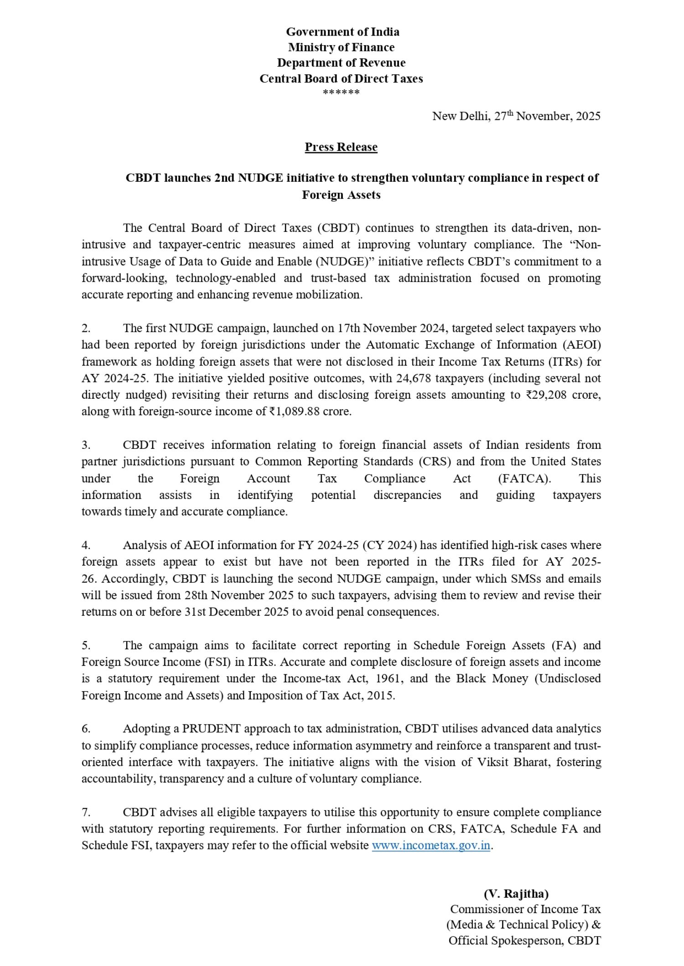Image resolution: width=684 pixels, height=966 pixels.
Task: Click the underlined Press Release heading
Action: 341,147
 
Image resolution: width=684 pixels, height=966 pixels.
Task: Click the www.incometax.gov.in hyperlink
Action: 431,846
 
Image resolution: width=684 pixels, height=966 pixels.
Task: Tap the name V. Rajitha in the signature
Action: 516,894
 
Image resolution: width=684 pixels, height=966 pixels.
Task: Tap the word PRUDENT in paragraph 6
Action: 211,729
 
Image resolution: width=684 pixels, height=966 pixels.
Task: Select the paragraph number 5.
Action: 86,646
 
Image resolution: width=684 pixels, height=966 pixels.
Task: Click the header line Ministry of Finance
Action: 341,47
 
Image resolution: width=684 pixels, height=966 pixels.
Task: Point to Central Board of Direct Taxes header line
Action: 341,79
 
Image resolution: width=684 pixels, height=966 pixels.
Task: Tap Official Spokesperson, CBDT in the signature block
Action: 524,940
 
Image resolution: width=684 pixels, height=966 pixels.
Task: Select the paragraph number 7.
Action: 86,812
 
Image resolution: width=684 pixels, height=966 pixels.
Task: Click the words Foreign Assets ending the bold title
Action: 341,195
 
